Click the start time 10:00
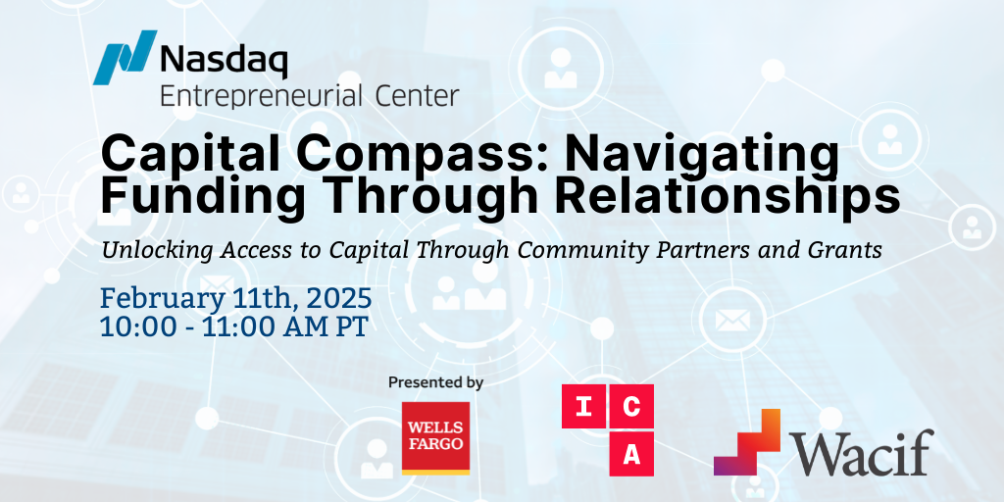coord(133,326)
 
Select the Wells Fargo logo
coord(436,437)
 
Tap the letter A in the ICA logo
coord(630,454)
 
